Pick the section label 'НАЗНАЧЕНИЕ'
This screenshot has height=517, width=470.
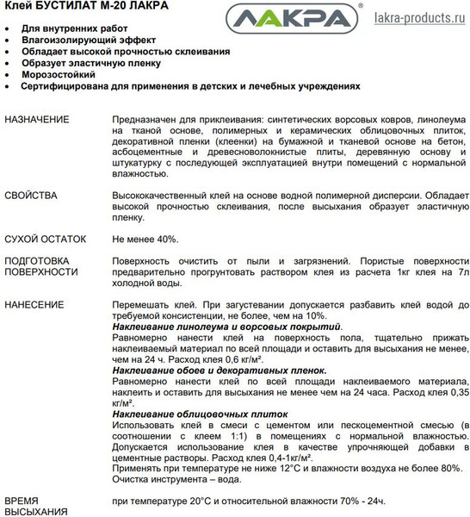click(x=38, y=117)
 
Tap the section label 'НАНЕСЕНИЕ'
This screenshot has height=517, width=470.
click(x=34, y=305)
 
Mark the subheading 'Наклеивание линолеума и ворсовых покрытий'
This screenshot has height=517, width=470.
click(x=227, y=327)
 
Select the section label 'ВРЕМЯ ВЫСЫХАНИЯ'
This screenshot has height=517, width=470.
click(x=35, y=507)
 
